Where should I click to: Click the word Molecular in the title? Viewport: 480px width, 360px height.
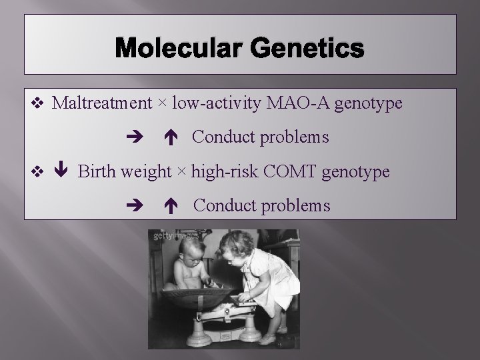coord(178,49)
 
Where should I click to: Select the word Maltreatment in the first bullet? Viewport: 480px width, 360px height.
coord(102,103)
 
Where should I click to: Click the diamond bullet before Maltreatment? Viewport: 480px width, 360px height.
coord(37,103)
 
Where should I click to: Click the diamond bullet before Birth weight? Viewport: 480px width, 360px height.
coord(37,172)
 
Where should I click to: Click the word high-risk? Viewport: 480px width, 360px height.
coord(225,172)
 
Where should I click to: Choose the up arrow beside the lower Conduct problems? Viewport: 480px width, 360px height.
coord(170,206)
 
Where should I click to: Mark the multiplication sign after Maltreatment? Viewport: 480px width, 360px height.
coord(163,104)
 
